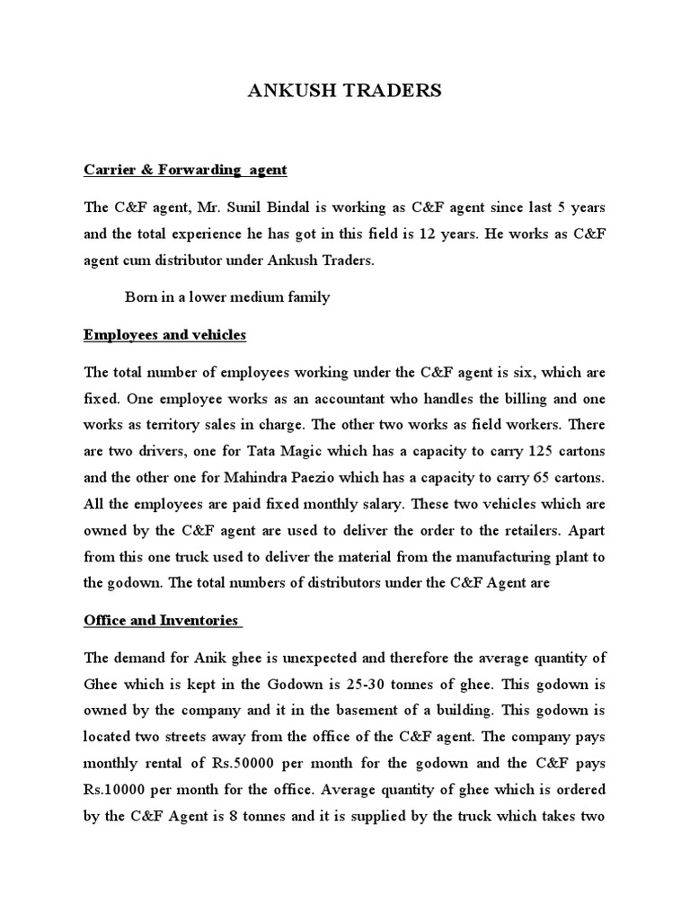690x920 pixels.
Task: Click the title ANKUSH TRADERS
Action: point(345,92)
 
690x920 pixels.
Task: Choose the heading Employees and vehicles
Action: point(164,335)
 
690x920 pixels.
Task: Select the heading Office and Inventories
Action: point(161,620)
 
